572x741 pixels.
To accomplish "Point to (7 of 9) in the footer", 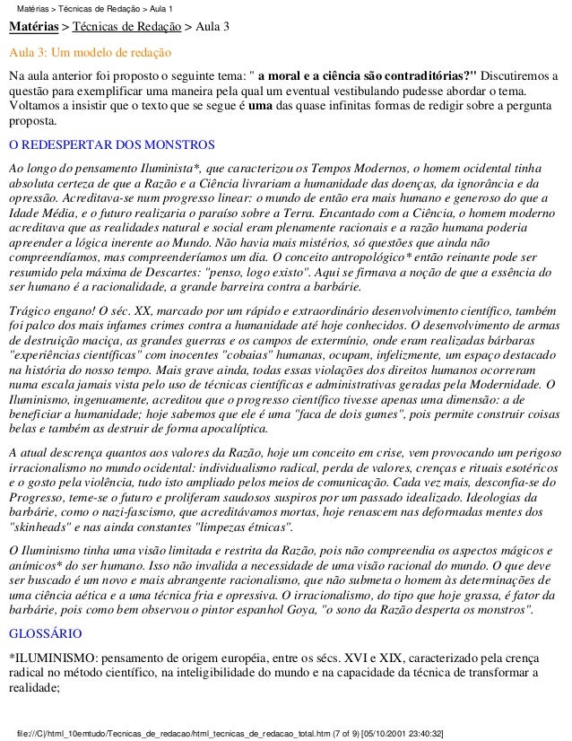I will [x=333, y=733].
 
